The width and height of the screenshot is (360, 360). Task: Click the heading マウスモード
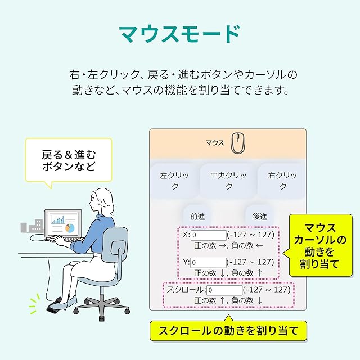tap(180, 34)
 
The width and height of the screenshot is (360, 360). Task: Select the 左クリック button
tap(174, 181)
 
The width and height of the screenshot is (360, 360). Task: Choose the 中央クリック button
tap(228, 181)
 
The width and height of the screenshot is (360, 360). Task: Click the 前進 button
tap(197, 216)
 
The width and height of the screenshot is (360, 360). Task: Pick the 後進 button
tap(259, 216)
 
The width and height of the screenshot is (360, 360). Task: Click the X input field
tap(208, 235)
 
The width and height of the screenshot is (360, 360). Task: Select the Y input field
tap(208, 262)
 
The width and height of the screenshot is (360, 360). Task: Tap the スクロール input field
tap(224, 290)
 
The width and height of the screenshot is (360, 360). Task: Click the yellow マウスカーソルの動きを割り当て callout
tap(320, 245)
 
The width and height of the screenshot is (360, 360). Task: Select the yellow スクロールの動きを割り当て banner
tap(228, 330)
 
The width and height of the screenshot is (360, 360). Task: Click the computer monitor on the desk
tap(63, 224)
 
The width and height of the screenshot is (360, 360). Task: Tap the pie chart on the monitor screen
tap(70, 228)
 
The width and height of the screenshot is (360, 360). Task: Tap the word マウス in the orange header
tap(215, 143)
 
